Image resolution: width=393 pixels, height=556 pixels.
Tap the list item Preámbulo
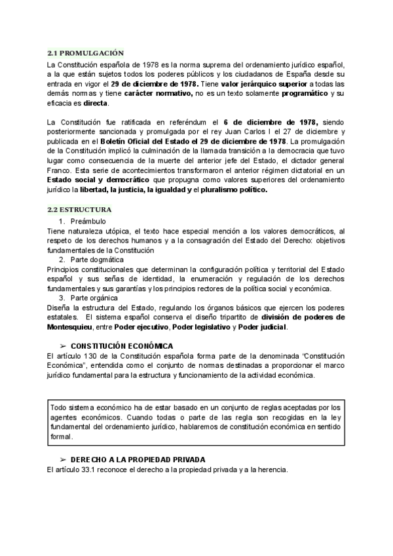[87, 222]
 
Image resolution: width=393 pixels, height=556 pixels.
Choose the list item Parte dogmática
[98, 260]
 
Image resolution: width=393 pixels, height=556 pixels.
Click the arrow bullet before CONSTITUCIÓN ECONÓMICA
[63, 346]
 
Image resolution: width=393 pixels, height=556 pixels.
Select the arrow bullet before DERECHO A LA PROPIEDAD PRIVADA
[63, 459]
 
